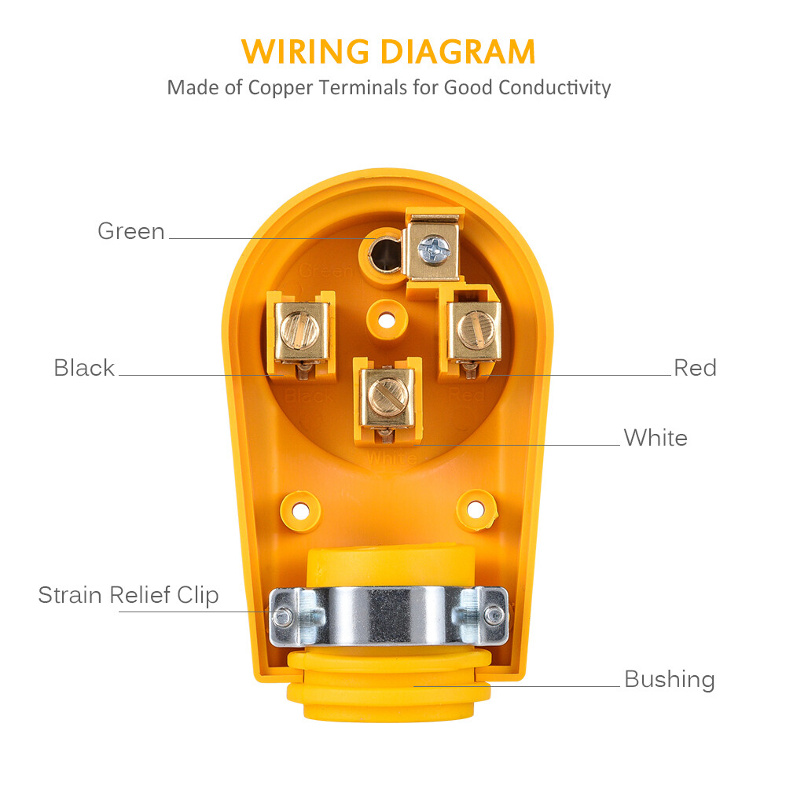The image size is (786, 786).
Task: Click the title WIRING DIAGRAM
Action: (x=388, y=52)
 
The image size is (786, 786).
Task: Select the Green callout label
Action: (x=131, y=231)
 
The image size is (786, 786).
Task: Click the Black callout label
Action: (x=84, y=368)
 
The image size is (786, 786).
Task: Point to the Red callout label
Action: (x=695, y=368)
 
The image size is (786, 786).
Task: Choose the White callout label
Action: (x=656, y=438)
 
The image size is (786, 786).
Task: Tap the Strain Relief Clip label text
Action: (x=128, y=595)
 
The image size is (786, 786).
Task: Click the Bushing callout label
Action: (x=669, y=679)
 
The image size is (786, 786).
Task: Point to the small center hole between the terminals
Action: (x=386, y=320)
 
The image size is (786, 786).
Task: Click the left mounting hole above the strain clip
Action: (x=300, y=508)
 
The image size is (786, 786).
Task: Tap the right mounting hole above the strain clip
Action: (x=476, y=508)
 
